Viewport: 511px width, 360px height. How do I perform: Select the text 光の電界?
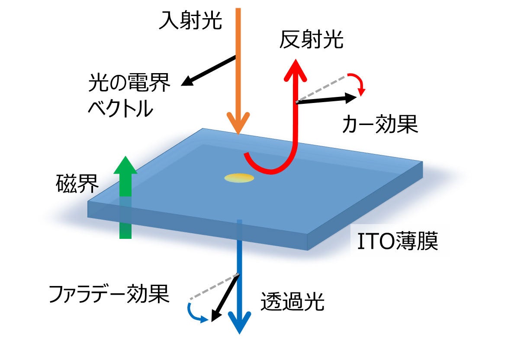pos(129,83)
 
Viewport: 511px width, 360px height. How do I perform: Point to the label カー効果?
pos(380,125)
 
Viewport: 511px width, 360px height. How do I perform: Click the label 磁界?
pos(77,184)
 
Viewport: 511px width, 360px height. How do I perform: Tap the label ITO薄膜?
pos(397,242)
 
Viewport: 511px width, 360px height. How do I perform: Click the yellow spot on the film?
pos(239,178)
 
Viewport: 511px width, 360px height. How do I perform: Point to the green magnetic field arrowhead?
pos(125,166)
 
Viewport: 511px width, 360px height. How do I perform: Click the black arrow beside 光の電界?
pos(208,71)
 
